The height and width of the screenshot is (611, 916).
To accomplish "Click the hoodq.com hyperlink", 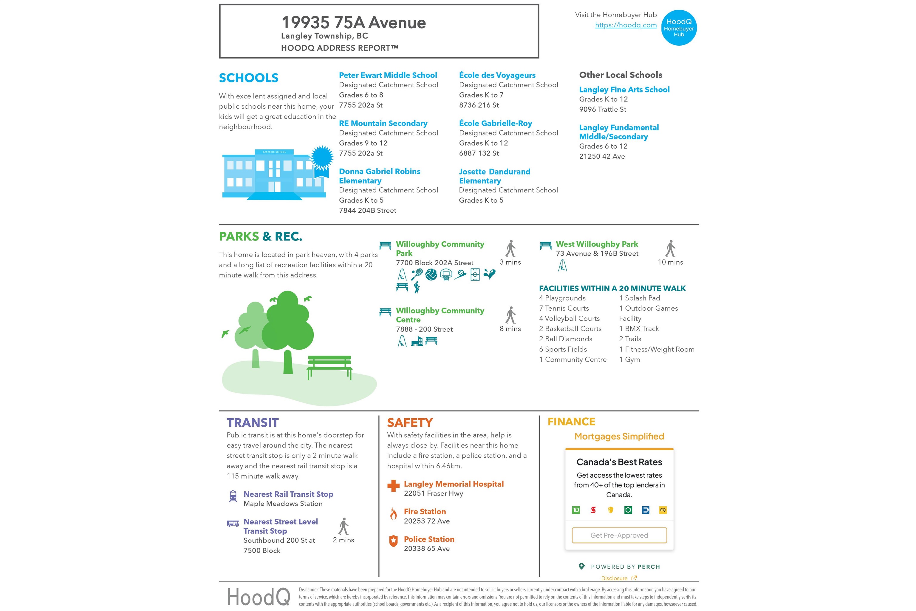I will click(626, 25).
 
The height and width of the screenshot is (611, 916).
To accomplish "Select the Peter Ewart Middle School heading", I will click(388, 75).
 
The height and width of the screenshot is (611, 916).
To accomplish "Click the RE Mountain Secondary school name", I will click(383, 124).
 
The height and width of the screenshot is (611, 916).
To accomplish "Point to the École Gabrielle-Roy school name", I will click(495, 124).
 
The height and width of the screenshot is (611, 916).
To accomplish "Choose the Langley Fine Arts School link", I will click(624, 90).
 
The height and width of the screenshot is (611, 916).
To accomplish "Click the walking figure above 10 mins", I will click(670, 249).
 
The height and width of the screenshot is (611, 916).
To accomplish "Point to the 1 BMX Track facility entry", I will click(639, 328).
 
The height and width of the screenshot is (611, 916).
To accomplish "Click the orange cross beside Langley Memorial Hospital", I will click(393, 485).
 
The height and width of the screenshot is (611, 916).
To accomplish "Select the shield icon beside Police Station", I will click(393, 541).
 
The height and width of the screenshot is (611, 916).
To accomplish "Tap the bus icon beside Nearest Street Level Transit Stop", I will click(233, 523).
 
